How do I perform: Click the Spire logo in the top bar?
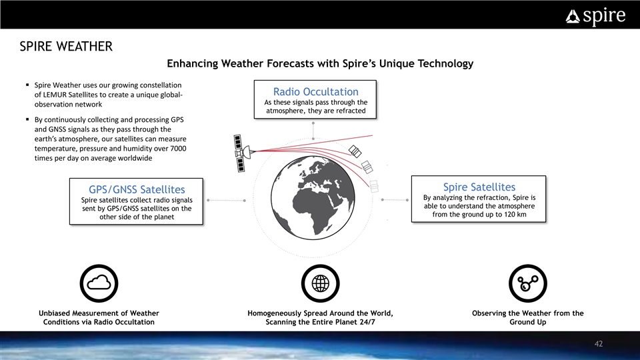595,16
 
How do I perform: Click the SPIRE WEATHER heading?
66,47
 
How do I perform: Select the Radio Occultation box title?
315,91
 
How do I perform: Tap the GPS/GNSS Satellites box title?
137,189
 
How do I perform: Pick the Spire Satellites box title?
479,187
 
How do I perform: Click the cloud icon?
99,283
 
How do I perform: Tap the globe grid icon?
321,283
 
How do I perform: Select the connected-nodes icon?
528,283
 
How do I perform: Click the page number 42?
599,344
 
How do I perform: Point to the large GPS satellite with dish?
243,153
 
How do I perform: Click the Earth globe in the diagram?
313,198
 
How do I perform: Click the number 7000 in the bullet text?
178,149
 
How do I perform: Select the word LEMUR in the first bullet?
54,95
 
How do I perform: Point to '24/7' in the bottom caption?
367,322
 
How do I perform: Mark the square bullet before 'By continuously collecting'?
27,119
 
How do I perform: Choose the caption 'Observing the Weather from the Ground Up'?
528,317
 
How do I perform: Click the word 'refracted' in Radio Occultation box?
351,111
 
